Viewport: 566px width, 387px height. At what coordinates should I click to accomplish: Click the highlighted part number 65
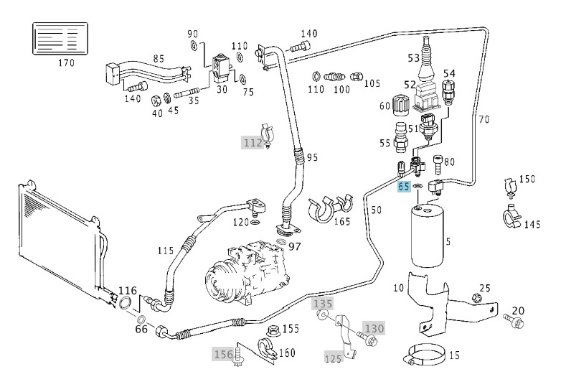404,187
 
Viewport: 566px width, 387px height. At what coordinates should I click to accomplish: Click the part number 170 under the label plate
66,62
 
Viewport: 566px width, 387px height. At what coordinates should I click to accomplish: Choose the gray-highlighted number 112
252,142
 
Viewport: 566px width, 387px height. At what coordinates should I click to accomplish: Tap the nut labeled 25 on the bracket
476,297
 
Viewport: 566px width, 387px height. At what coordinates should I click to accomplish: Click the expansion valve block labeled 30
220,67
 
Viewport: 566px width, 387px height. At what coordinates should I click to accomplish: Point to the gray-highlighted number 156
224,354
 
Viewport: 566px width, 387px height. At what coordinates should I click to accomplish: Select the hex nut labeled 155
273,331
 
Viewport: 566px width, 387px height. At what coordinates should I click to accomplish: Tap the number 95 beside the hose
311,157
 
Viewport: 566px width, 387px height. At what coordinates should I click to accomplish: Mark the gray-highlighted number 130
374,328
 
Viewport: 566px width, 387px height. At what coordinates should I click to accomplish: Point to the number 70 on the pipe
484,120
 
